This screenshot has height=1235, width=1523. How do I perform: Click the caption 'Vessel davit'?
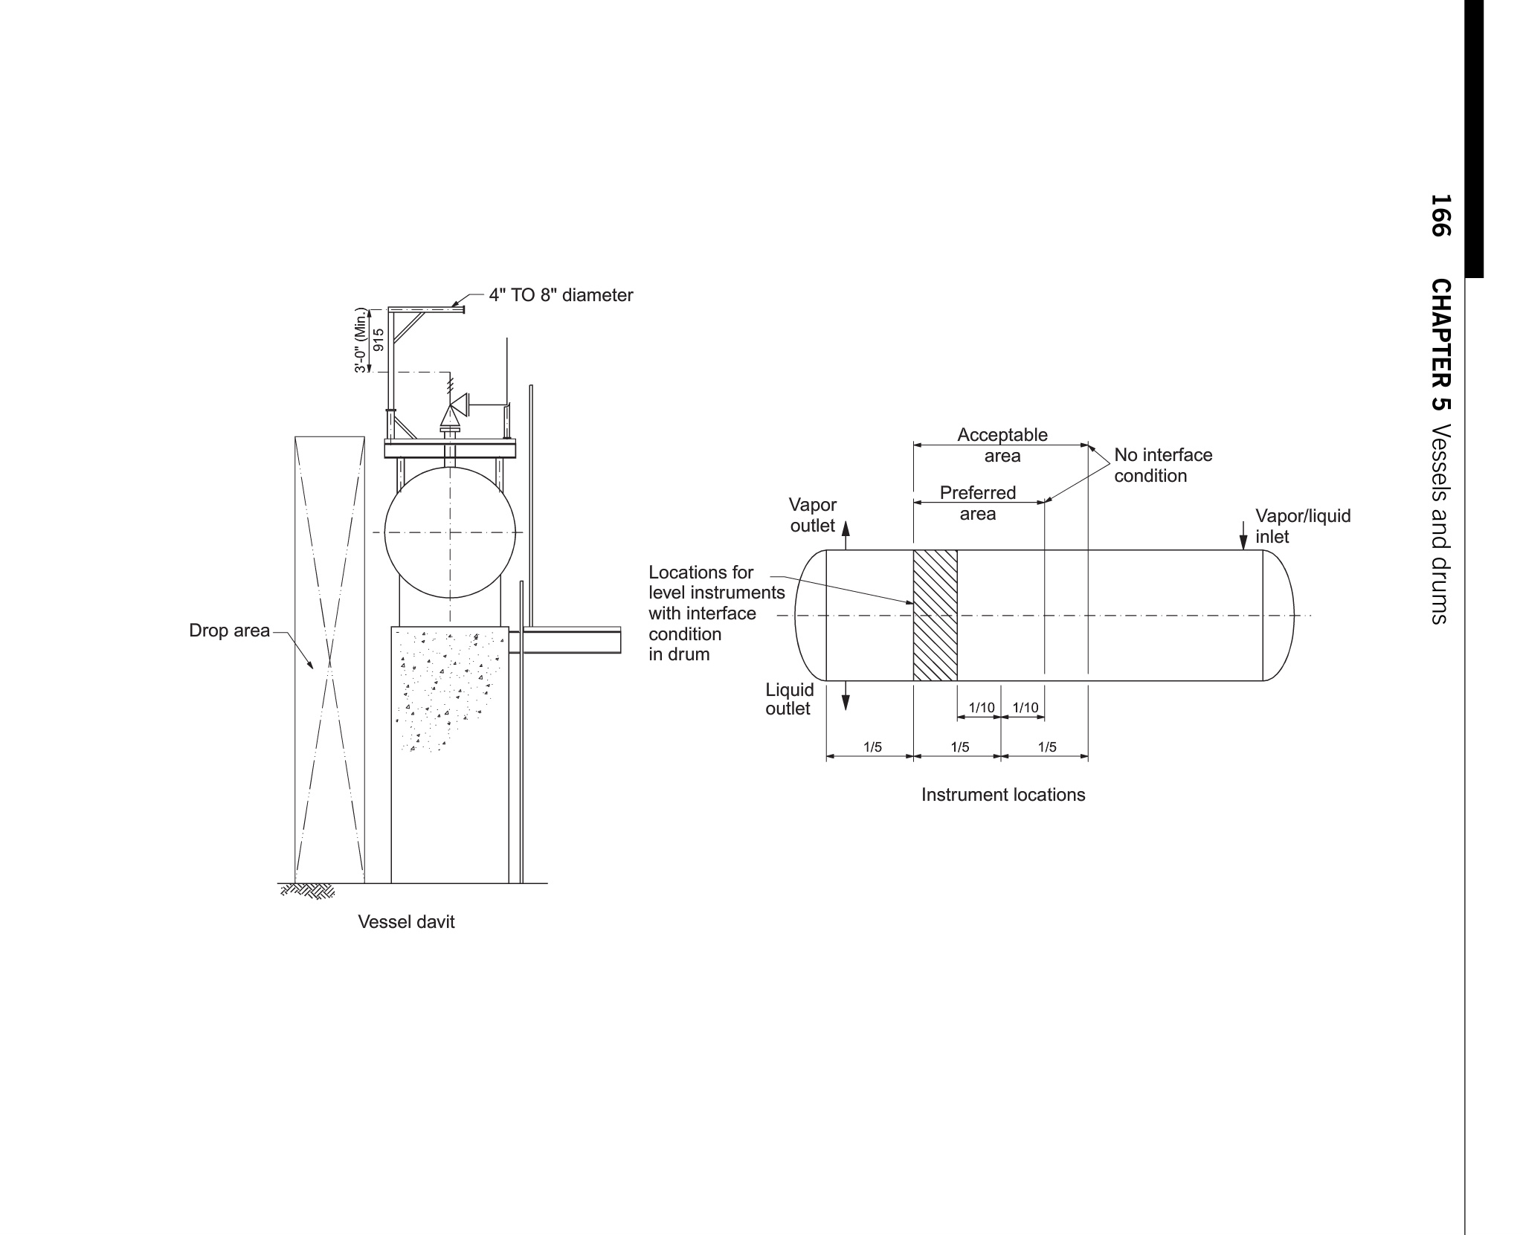[406, 922]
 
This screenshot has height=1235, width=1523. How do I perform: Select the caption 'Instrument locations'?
[1003, 795]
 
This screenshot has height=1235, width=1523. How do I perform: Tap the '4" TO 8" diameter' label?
[561, 295]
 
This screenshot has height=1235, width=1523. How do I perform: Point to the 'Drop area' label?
[229, 631]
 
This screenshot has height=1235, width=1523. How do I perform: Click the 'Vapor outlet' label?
[813, 515]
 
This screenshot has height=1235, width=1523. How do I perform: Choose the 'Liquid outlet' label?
[789, 699]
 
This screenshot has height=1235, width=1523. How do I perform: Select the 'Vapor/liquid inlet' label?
[1303, 526]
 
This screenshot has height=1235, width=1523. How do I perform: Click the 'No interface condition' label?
[1163, 465]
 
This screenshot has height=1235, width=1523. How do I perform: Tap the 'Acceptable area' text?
[1002, 445]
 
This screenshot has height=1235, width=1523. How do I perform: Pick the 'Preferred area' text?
[977, 503]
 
